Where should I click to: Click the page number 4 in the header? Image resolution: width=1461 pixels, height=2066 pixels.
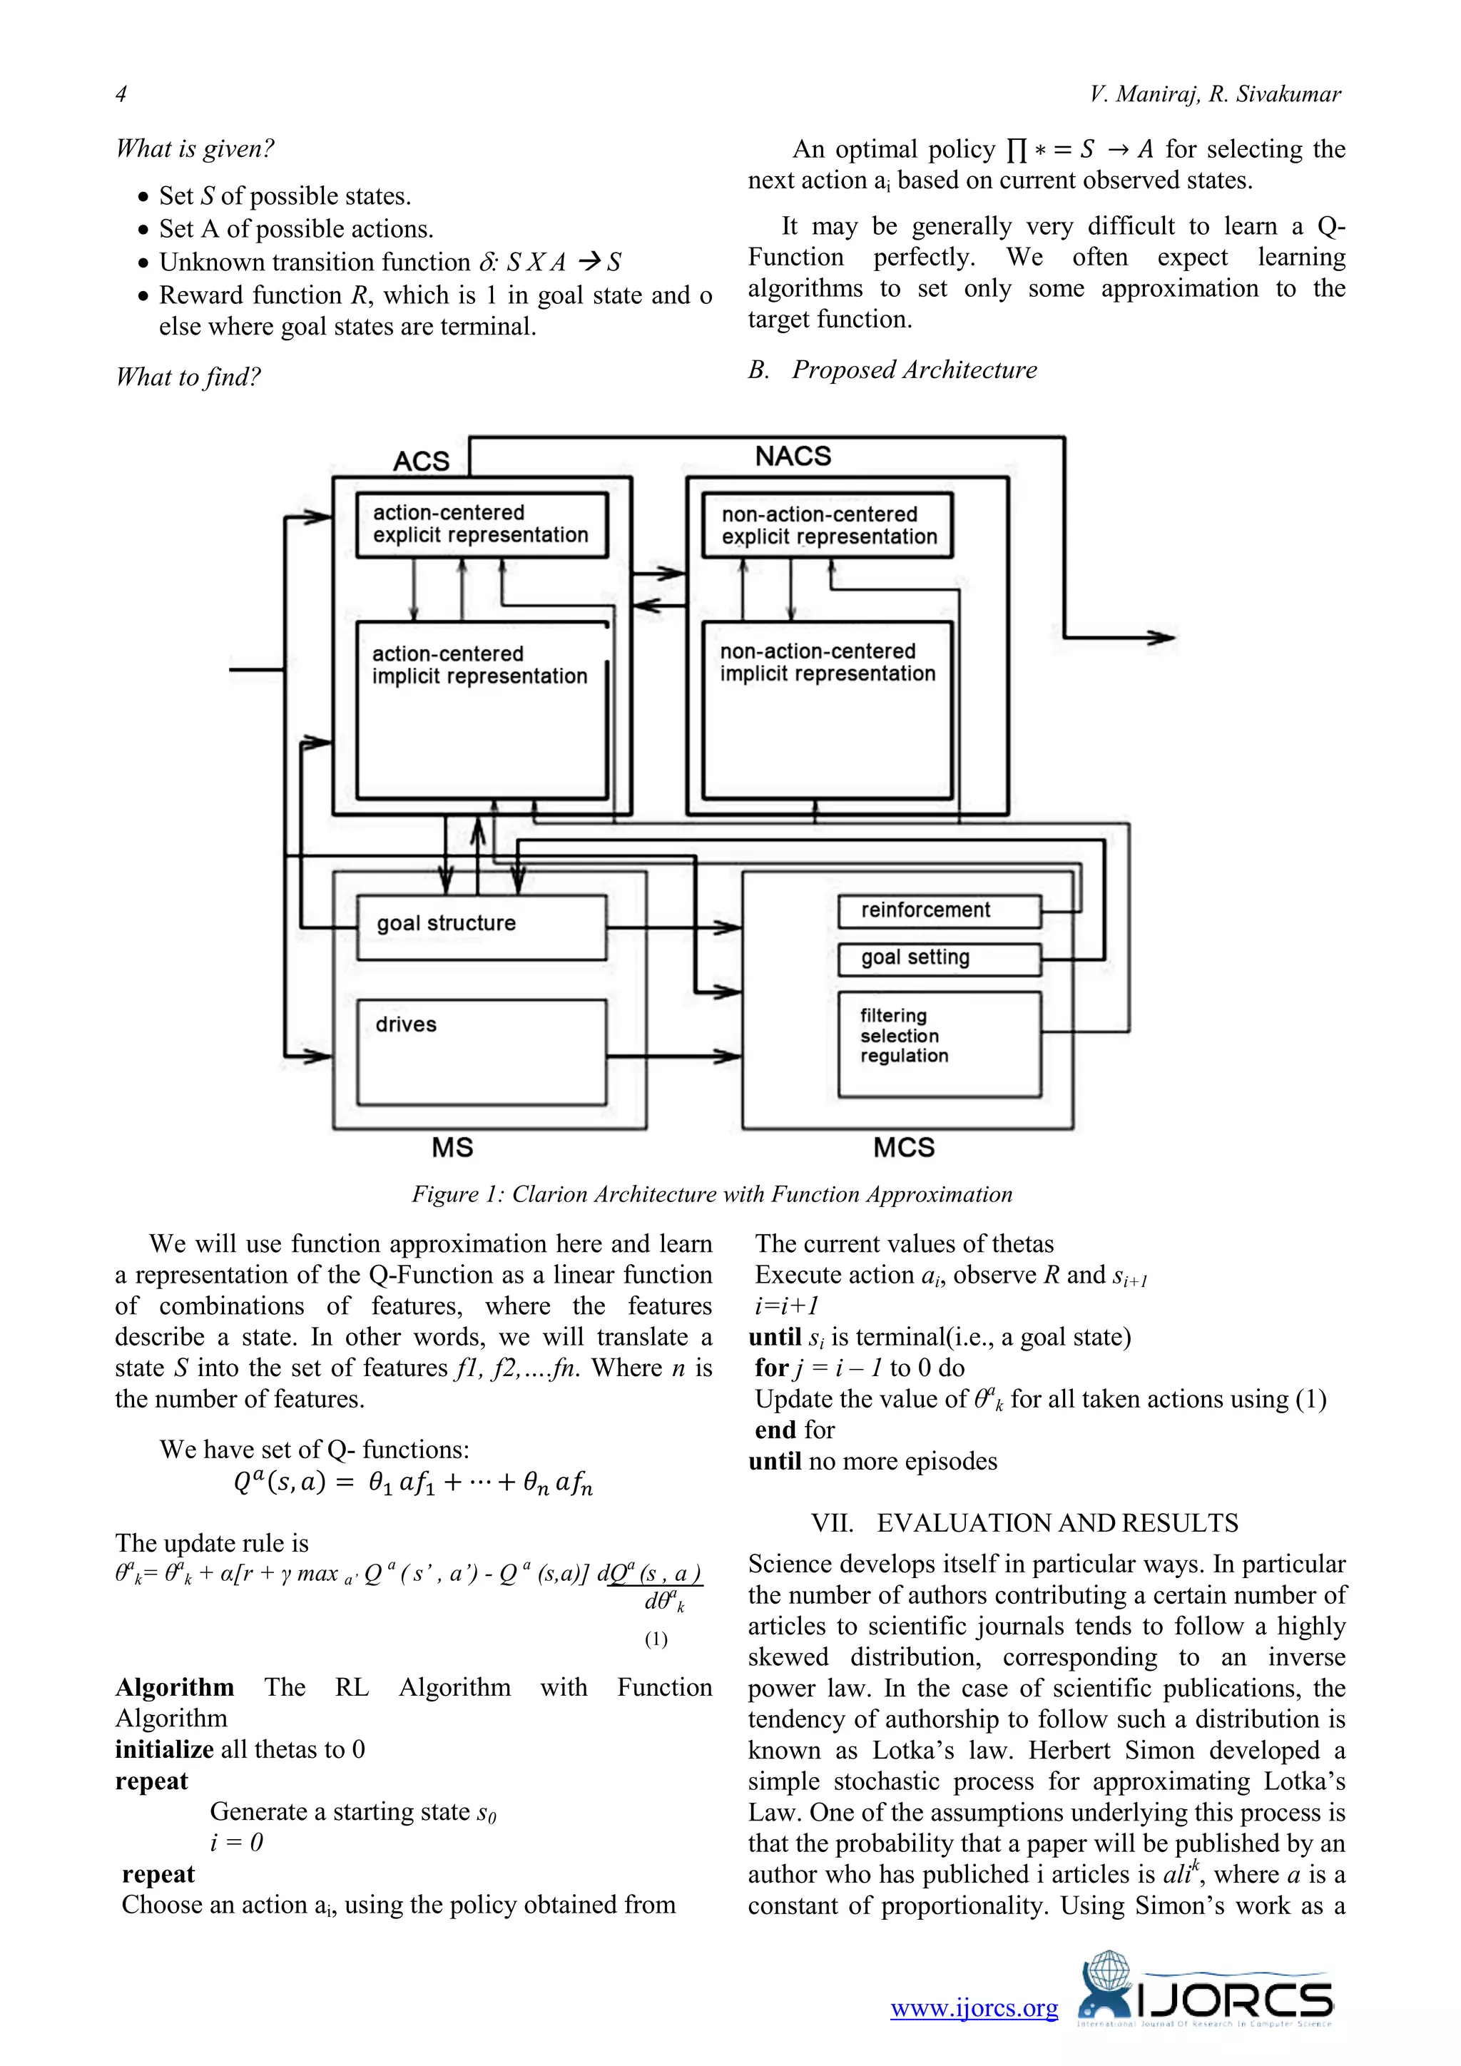tap(121, 93)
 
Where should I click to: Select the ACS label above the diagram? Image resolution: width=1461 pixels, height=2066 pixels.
tap(421, 462)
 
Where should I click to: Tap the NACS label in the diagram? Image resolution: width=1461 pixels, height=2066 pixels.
tap(793, 456)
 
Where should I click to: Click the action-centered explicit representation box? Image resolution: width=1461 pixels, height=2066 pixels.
tap(482, 524)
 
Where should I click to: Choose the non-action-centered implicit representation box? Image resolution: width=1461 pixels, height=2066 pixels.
tap(827, 709)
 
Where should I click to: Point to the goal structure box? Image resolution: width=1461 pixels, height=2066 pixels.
tap(482, 927)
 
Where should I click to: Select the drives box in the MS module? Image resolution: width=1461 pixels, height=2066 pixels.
tap(482, 1051)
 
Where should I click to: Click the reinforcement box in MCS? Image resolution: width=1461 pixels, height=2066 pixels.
tap(938, 910)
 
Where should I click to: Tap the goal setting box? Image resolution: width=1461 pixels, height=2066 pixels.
tap(938, 958)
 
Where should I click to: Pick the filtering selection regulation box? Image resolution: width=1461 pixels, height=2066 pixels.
tap(938, 1044)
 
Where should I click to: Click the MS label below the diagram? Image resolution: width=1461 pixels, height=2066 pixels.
tap(452, 1147)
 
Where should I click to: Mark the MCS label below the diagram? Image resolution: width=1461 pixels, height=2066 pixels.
tap(903, 1147)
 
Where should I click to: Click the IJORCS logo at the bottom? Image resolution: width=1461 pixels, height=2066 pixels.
tap(1206, 2000)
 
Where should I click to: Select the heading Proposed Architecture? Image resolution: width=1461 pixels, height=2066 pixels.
tap(913, 370)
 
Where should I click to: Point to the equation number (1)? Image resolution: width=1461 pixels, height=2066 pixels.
tap(656, 1639)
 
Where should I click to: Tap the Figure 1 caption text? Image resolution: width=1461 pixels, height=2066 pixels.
tap(712, 1194)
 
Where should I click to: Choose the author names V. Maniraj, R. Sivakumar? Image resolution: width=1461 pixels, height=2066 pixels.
tap(1214, 93)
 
